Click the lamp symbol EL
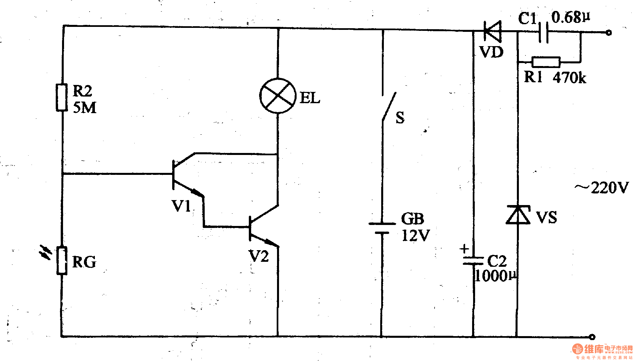pos(277,96)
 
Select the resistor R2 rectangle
pos(62,97)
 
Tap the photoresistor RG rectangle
pos(62,260)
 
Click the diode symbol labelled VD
pos(492,31)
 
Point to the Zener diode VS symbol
pos(518,215)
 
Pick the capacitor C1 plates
pos(543,32)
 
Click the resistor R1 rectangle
pos(546,62)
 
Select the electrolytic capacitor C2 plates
pos(473,260)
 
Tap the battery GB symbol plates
pos(382,228)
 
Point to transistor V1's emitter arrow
pos(196,192)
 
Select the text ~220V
pos(601,188)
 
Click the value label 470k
pos(569,78)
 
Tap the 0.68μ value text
pos(570,17)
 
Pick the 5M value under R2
pos(85,108)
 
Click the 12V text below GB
pos(415,236)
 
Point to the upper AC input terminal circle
pos(608,33)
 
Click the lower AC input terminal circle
pos(592,337)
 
